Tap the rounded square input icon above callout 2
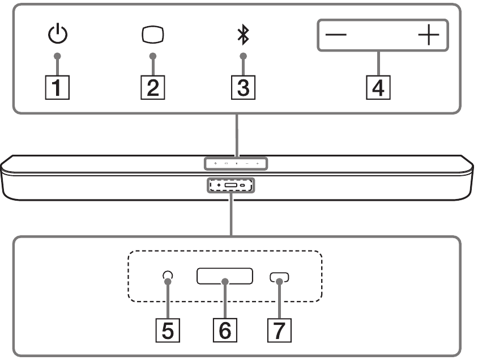(x=152, y=35)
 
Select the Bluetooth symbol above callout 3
(x=243, y=35)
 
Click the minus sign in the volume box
(x=336, y=35)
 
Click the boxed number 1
(x=57, y=88)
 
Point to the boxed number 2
(x=151, y=88)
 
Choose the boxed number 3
(x=243, y=88)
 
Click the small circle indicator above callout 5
(x=167, y=277)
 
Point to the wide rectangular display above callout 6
(x=225, y=277)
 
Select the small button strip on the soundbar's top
(x=236, y=164)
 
